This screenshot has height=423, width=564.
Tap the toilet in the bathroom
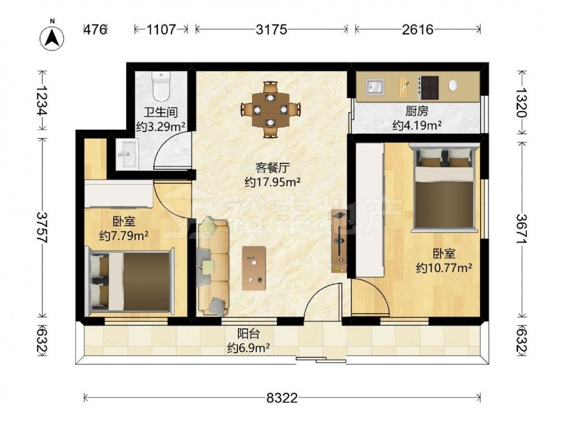tap(161, 86)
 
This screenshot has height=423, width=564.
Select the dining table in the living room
tap(271, 109)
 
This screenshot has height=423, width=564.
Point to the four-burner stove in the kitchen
tap(429, 87)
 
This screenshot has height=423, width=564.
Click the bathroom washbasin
tap(126, 155)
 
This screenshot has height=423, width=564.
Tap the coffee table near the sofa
tap(254, 268)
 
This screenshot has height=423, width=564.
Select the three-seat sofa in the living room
tap(213, 266)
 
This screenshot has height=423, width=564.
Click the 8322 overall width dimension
tap(283, 398)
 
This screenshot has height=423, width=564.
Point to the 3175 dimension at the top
tap(272, 29)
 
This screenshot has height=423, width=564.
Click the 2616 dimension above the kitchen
tap(417, 29)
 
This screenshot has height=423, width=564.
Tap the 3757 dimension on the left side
tap(43, 227)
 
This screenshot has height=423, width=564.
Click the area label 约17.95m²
tap(272, 182)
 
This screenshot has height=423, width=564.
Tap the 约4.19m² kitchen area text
tap(417, 126)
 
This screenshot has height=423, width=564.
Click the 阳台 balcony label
tap(249, 334)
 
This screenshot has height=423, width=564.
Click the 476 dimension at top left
tap(95, 29)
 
